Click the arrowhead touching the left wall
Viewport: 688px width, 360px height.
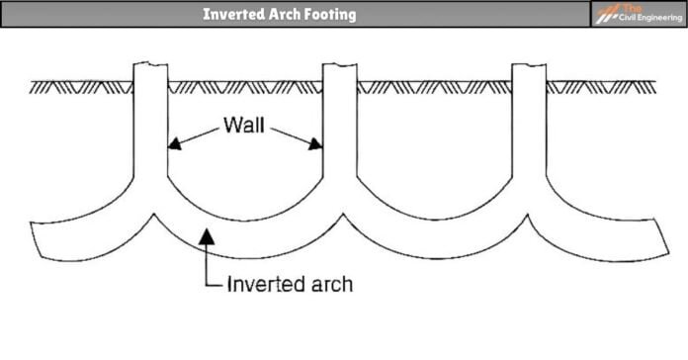pyautogui.click(x=172, y=144)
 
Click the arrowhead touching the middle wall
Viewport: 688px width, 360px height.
pyautogui.click(x=317, y=144)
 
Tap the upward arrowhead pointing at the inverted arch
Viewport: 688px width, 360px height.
pyautogui.click(x=205, y=234)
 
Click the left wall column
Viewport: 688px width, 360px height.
pyautogui.click(x=150, y=129)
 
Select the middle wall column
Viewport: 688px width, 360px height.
pyautogui.click(x=339, y=129)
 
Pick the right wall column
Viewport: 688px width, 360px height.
pyautogui.click(x=528, y=129)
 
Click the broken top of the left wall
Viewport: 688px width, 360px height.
pyautogui.click(x=150, y=66)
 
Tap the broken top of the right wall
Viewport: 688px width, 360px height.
pyautogui.click(x=528, y=66)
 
